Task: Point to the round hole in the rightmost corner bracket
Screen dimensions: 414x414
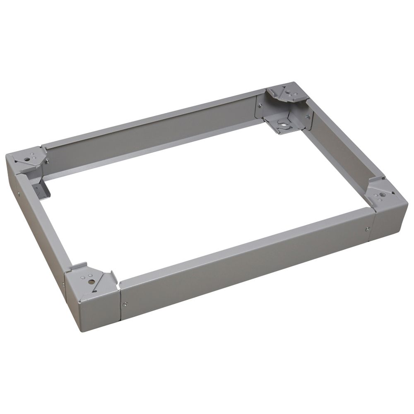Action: (x=380, y=193)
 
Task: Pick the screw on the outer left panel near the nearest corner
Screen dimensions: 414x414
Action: (x=63, y=284)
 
